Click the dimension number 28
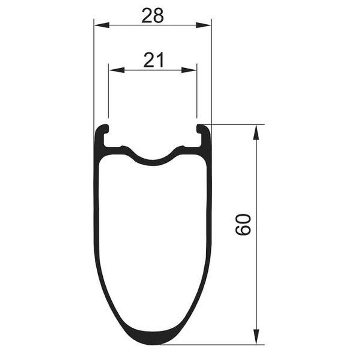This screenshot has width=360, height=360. [x=153, y=15]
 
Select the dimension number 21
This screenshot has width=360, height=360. [x=154, y=60]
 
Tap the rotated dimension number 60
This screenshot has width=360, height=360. [x=243, y=224]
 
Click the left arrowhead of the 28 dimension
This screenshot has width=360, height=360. [x=102, y=25]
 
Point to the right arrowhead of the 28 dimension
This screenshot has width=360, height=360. [x=203, y=25]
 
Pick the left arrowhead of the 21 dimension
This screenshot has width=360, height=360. [x=116, y=70]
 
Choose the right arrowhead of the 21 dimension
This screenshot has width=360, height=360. [x=189, y=70]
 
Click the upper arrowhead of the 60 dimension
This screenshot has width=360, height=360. [x=256, y=132]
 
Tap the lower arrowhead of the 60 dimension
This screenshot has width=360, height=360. [x=256, y=337]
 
